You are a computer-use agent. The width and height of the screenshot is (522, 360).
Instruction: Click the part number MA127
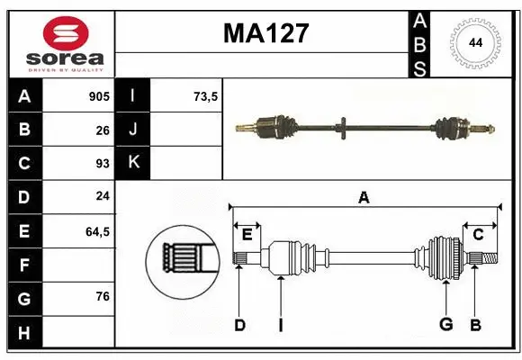coord(265,33)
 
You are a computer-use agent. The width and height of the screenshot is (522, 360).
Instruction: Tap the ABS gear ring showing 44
coord(472,43)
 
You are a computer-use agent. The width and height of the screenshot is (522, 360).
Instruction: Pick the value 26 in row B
coord(102,130)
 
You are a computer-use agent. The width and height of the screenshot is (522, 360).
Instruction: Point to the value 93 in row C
coord(102,164)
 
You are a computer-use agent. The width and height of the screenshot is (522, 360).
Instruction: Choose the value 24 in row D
coord(102,197)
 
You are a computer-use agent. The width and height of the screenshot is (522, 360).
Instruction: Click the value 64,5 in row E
coord(97,231)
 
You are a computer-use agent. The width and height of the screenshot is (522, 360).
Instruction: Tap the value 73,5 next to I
coord(206,96)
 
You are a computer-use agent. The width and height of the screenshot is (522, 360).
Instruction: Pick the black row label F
coord(24,265)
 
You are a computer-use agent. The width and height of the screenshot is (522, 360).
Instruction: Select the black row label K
coord(133,164)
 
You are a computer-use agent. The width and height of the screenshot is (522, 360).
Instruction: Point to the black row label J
coord(133,130)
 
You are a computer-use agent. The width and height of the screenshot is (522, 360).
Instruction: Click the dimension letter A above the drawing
coord(364,197)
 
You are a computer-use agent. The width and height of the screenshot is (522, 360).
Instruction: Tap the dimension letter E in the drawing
coord(247,235)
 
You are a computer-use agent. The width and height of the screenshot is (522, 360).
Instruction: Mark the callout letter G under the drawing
coord(445,324)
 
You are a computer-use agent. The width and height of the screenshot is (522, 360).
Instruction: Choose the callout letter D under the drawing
coord(239,324)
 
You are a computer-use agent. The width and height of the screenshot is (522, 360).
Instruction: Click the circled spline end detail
coord(182,260)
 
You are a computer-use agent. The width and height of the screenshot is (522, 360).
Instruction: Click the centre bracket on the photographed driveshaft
coord(345,128)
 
